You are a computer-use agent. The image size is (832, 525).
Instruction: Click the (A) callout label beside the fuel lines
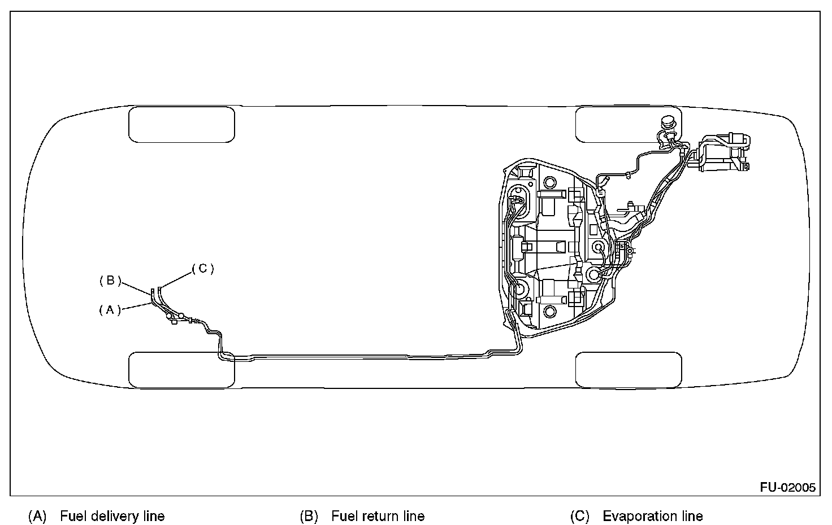tap(110, 309)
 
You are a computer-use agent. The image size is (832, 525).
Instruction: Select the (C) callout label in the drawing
tap(203, 269)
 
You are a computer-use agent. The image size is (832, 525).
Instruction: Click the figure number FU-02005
tap(787, 488)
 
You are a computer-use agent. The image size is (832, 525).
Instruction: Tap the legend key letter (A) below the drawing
tap(37, 516)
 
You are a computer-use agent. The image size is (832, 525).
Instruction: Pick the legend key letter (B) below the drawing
tap(309, 516)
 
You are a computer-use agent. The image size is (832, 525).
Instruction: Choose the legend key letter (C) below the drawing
tap(580, 516)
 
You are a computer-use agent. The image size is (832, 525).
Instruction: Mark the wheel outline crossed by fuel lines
tap(182, 370)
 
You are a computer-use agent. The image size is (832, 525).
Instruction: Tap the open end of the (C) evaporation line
tap(159, 289)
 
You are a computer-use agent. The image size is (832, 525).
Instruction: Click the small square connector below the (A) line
tap(173, 322)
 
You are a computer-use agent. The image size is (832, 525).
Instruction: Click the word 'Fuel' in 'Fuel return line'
tap(343, 516)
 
